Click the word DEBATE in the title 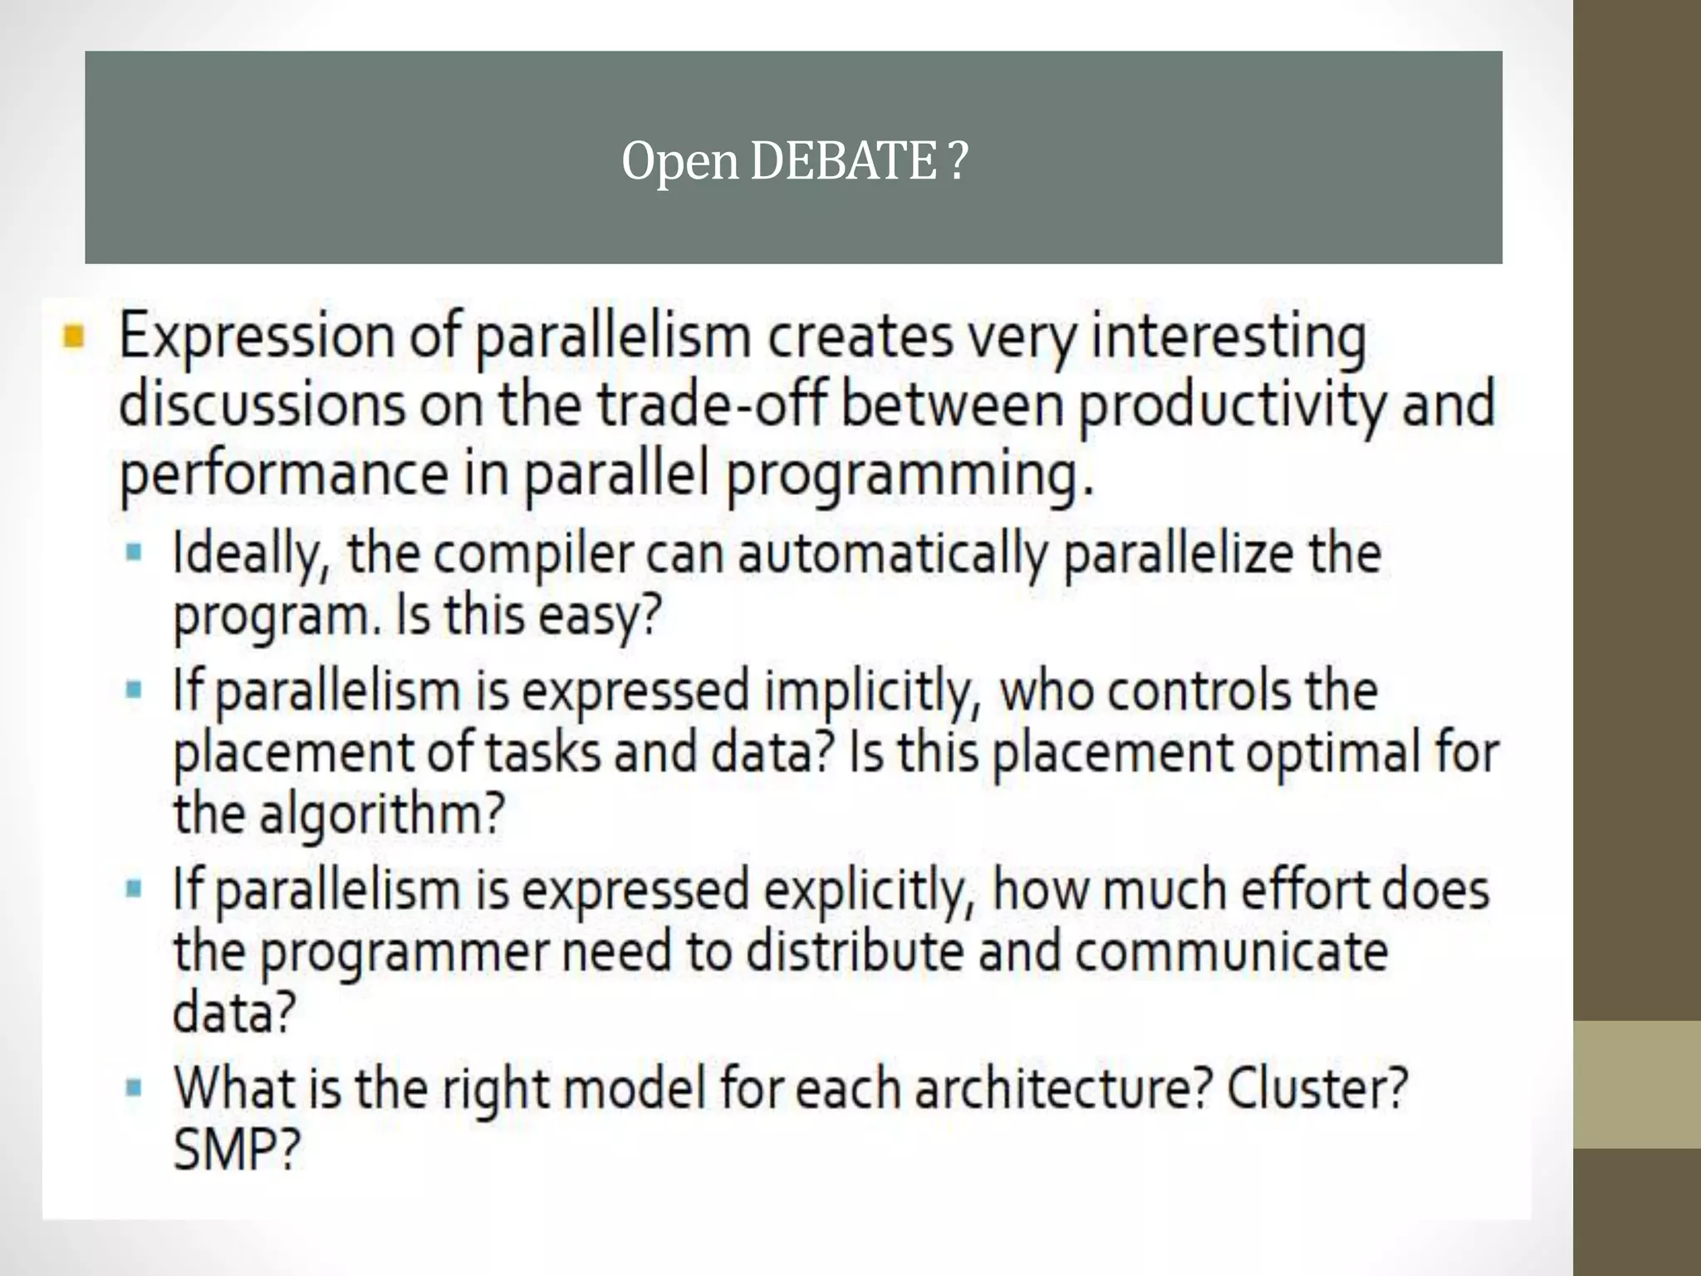[842, 161]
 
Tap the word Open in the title [679, 163]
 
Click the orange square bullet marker [73, 337]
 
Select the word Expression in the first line [257, 338]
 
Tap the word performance [284, 475]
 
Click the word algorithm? [382, 815]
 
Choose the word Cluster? [1317, 1088]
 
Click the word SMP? [236, 1151]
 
